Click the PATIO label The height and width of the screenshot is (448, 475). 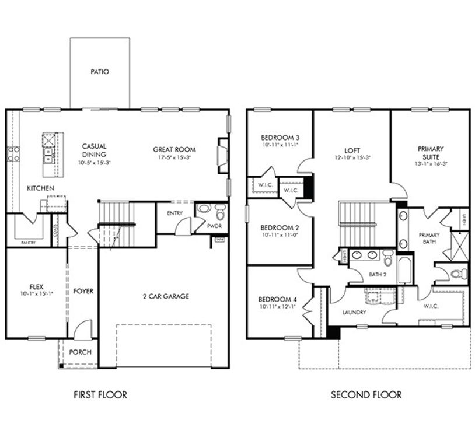[99, 72]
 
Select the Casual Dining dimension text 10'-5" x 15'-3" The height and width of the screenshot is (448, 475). [94, 163]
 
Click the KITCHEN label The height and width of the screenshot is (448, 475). [40, 188]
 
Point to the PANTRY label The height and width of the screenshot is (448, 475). [27, 242]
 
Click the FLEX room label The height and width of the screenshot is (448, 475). [36, 286]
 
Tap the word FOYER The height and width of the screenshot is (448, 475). [83, 291]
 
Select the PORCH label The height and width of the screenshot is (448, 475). [79, 352]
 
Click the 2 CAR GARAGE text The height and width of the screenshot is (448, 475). [166, 296]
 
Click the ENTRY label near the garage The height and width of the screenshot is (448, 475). [174, 213]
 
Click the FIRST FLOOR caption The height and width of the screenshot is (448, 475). [100, 395]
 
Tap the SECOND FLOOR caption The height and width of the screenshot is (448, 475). [366, 395]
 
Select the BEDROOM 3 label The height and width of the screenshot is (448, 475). [279, 137]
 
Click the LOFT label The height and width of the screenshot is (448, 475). [352, 149]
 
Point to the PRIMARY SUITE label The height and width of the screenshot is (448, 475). [431, 153]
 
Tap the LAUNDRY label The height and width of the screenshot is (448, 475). [355, 312]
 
